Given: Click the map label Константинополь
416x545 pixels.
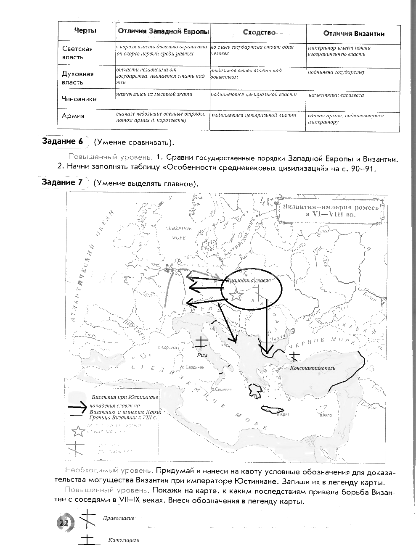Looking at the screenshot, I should click(x=313, y=368).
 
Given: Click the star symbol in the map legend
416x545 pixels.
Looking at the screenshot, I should click(x=78, y=431).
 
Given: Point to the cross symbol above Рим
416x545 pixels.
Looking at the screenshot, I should click(x=201, y=342).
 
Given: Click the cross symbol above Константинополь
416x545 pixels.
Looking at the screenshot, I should click(x=295, y=357).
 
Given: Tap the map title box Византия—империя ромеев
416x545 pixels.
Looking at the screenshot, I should click(x=331, y=211).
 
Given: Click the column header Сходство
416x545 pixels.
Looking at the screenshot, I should click(x=259, y=33).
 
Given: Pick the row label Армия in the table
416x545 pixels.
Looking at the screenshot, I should click(x=73, y=116).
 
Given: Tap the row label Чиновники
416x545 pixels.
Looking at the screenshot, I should click(x=79, y=99).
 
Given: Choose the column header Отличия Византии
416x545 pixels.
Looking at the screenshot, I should click(x=353, y=34).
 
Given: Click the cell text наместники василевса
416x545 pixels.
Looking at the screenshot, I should click(x=336, y=95).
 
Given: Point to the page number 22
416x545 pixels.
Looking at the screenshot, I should click(x=64, y=523).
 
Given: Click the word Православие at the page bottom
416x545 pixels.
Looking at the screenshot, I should click(x=118, y=518).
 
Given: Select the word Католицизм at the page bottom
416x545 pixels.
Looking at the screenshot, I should click(x=124, y=540).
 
